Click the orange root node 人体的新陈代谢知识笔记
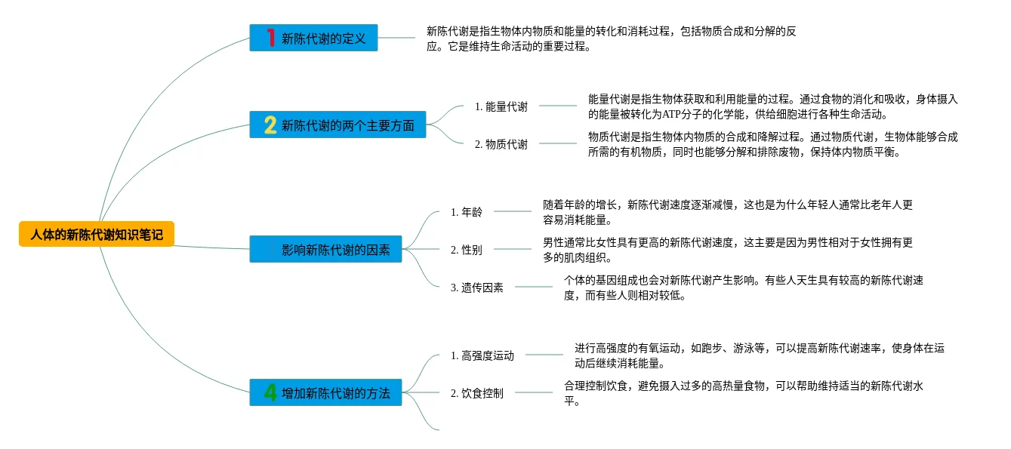point(97,235)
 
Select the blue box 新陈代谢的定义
point(313,38)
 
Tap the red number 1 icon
point(270,38)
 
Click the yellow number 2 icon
point(270,125)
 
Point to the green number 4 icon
point(270,392)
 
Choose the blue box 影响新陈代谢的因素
point(326,250)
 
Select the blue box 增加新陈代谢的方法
point(325,392)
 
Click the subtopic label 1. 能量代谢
point(501,106)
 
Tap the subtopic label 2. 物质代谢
point(501,144)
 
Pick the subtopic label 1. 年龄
point(466,211)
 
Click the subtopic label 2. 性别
point(466,249)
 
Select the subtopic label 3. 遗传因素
point(476,287)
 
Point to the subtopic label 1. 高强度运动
point(482,355)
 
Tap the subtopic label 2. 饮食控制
point(476,392)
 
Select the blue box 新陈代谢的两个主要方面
point(338,125)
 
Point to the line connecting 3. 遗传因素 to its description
point(533,287)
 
